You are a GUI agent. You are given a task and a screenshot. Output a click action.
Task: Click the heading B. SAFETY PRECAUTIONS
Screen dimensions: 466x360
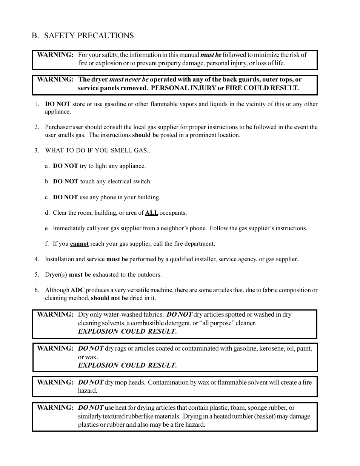pyautogui.click(x=83, y=35)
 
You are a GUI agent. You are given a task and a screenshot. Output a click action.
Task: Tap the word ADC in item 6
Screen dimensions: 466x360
pyautogui.click(x=77, y=290)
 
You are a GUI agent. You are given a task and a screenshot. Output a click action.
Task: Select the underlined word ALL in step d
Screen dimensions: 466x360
pyautogui.click(x=152, y=213)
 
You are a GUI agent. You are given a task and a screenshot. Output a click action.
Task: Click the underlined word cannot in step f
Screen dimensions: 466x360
pyautogui.click(x=79, y=244)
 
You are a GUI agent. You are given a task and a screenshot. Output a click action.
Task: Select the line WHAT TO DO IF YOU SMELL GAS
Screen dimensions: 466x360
pyautogui.click(x=98, y=151)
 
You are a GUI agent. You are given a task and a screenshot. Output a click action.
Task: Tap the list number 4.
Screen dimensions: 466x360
pyautogui.click(x=37, y=259)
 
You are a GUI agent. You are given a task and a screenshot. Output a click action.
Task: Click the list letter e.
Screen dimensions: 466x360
pyautogui.click(x=47, y=228)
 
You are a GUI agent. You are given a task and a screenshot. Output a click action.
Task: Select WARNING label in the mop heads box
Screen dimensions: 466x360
pyautogui.click(x=55, y=382)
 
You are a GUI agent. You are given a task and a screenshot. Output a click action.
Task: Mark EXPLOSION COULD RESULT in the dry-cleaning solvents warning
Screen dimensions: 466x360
pyautogui.click(x=127, y=331)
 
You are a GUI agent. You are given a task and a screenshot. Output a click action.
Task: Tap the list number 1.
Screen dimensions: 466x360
pyautogui.click(x=37, y=104)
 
